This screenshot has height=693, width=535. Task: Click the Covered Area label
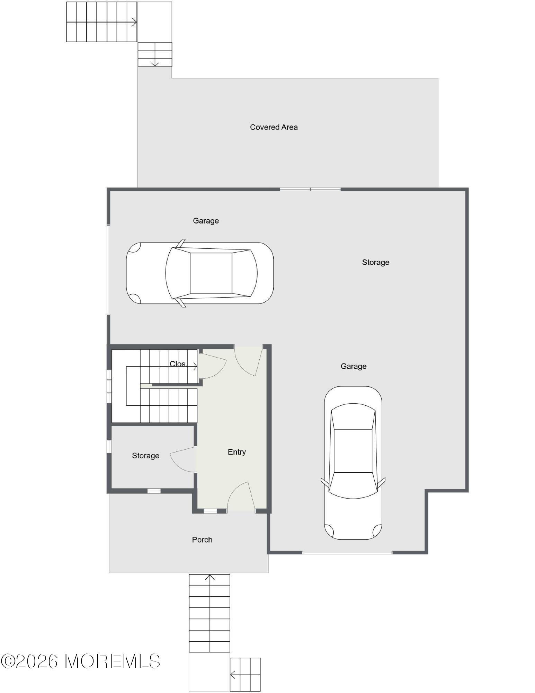coord(274,127)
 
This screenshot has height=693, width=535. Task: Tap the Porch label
coord(202,540)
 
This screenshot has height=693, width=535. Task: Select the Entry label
coord(237,452)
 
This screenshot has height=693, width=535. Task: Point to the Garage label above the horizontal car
coord(206,221)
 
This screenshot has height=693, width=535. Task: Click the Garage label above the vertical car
coord(353,366)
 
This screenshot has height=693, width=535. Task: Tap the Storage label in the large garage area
coord(375,262)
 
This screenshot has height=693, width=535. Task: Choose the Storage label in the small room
coord(145,456)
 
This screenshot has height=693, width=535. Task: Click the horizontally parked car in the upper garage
coord(200,273)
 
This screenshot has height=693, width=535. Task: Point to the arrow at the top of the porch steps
coord(209,577)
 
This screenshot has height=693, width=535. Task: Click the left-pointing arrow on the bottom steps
coord(233,675)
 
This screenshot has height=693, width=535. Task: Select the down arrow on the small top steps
coord(155,63)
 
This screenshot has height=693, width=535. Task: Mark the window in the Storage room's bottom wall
coord(154,491)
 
